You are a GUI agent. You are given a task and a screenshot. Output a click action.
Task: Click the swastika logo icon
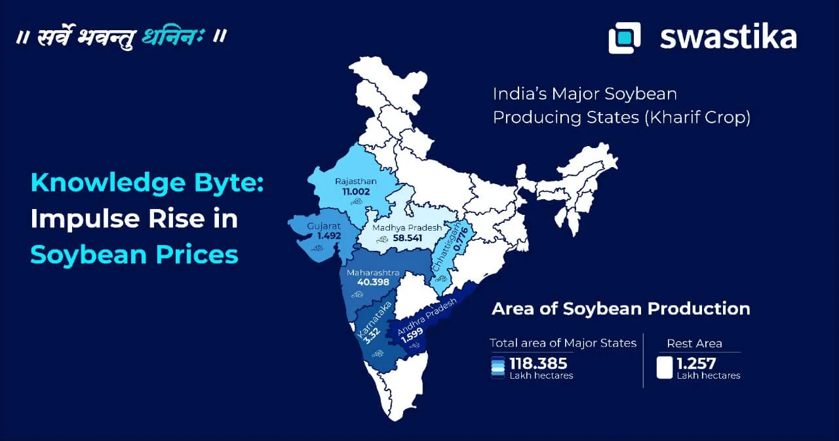(624, 37)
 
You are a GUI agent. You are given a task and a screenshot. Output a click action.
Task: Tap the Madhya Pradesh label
(406, 227)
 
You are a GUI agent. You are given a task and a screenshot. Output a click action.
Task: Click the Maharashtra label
(372, 271)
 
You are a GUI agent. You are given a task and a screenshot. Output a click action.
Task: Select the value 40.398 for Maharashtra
(373, 282)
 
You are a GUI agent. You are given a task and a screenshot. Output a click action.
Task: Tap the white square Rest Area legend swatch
(665, 368)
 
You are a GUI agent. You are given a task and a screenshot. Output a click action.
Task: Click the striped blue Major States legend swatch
(498, 368)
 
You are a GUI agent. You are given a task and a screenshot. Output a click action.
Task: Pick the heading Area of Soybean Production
(621, 309)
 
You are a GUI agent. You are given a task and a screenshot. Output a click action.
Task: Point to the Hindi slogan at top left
(122, 36)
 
